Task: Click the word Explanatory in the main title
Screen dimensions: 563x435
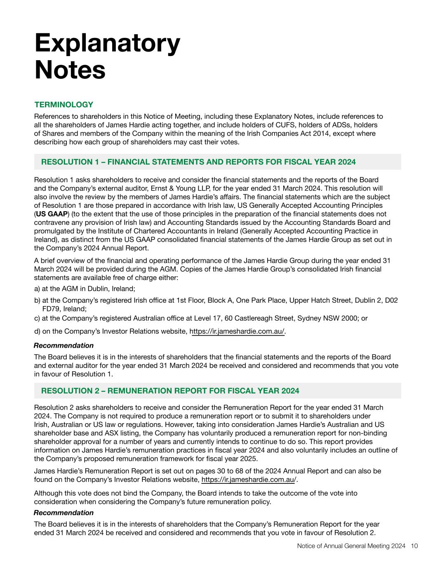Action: pyautogui.click(x=107, y=43)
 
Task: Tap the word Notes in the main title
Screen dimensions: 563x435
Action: pyautogui.click(x=70, y=70)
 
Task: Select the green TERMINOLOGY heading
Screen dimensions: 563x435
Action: pyautogui.click(x=64, y=105)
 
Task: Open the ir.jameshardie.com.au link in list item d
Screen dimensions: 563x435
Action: pyautogui.click(x=237, y=331)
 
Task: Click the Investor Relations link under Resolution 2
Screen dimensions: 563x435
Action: pyautogui.click(x=249, y=480)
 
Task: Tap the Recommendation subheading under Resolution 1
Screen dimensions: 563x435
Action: pyautogui.click(x=63, y=346)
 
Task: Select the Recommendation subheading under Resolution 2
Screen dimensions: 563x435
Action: pyautogui.click(x=63, y=513)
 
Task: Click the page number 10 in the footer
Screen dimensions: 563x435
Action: pyautogui.click(x=414, y=546)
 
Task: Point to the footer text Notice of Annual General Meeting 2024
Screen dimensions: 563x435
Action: pyautogui.click(x=351, y=546)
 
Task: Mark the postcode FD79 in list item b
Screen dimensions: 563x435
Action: pyautogui.click(x=51, y=309)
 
